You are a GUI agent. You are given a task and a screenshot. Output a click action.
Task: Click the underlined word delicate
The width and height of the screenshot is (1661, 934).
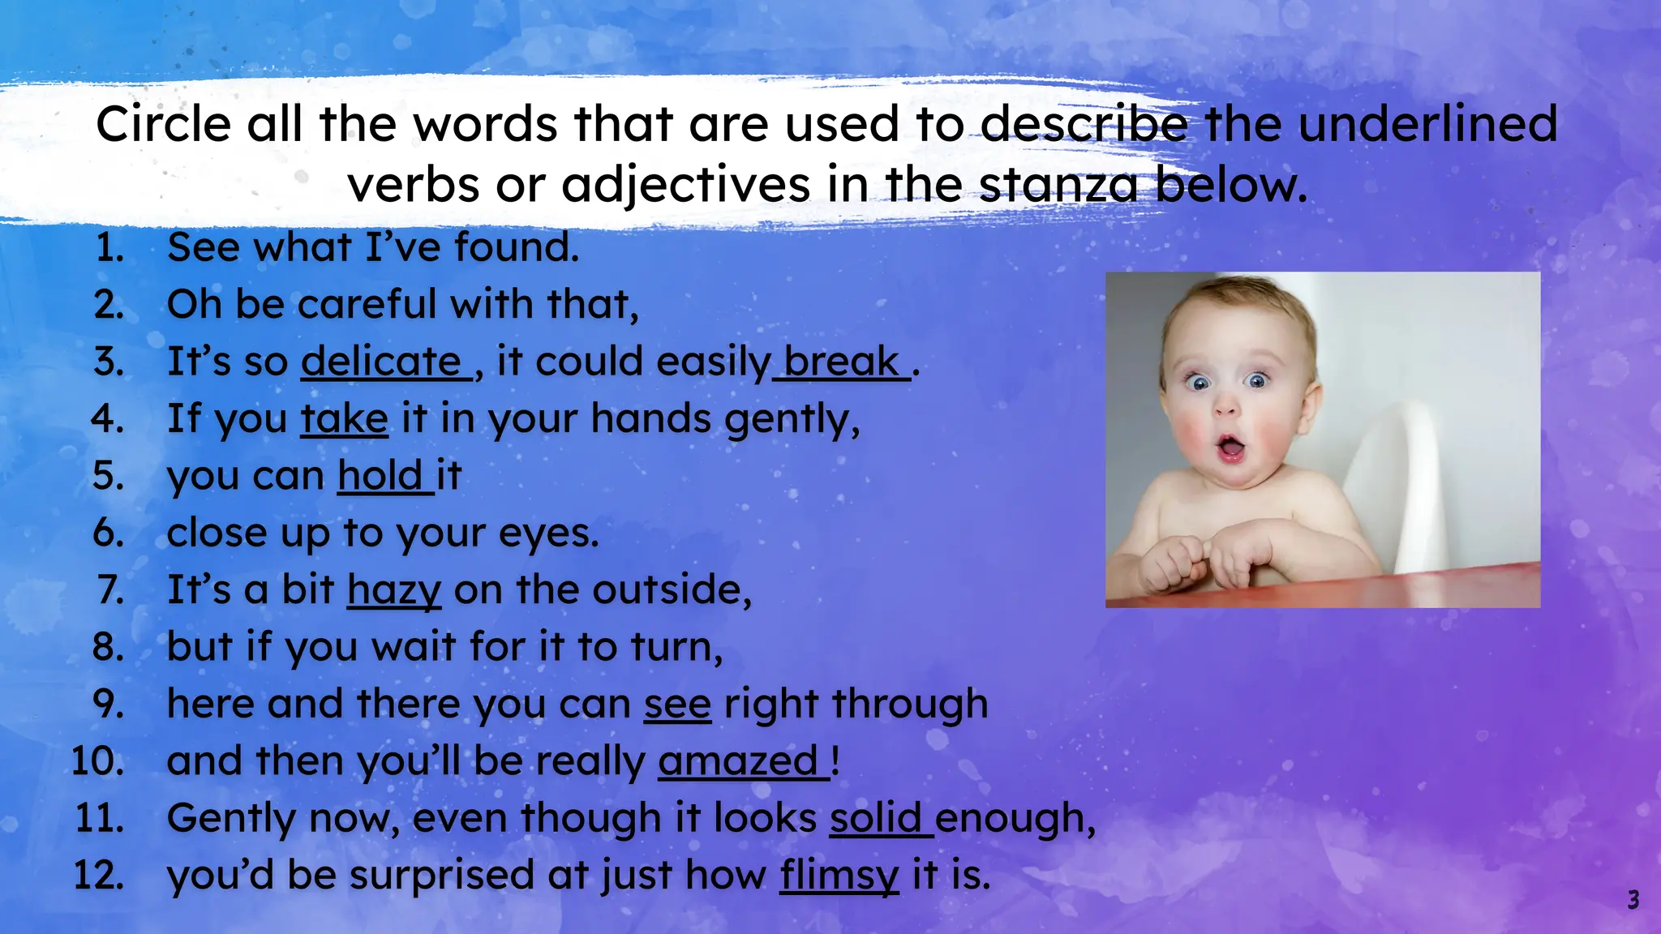pyautogui.click(x=381, y=362)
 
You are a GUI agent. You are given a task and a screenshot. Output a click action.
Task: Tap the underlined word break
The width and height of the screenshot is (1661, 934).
pyautogui.click(x=842, y=362)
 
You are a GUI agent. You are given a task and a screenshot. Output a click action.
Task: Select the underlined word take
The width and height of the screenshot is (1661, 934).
pyautogui.click(x=345, y=419)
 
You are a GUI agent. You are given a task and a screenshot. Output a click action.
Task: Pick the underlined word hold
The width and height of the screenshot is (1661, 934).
pyautogui.click(x=380, y=476)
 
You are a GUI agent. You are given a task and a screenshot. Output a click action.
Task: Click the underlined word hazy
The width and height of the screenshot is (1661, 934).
pyautogui.click(x=394, y=590)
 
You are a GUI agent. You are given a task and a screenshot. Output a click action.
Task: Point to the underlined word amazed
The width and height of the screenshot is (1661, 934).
pyautogui.click(x=738, y=761)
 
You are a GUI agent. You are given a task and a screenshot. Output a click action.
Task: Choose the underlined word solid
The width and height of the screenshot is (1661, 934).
pyautogui.click(x=876, y=818)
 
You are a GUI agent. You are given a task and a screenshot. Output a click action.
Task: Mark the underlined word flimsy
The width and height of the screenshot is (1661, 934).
pyautogui.click(x=839, y=876)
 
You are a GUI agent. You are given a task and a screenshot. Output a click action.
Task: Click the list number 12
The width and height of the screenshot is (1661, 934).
pyautogui.click(x=99, y=876)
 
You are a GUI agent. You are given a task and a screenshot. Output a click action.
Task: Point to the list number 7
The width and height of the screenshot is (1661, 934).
pyautogui.click(x=110, y=590)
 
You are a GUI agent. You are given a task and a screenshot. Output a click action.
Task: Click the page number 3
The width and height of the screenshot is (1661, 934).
pyautogui.click(x=1633, y=900)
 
